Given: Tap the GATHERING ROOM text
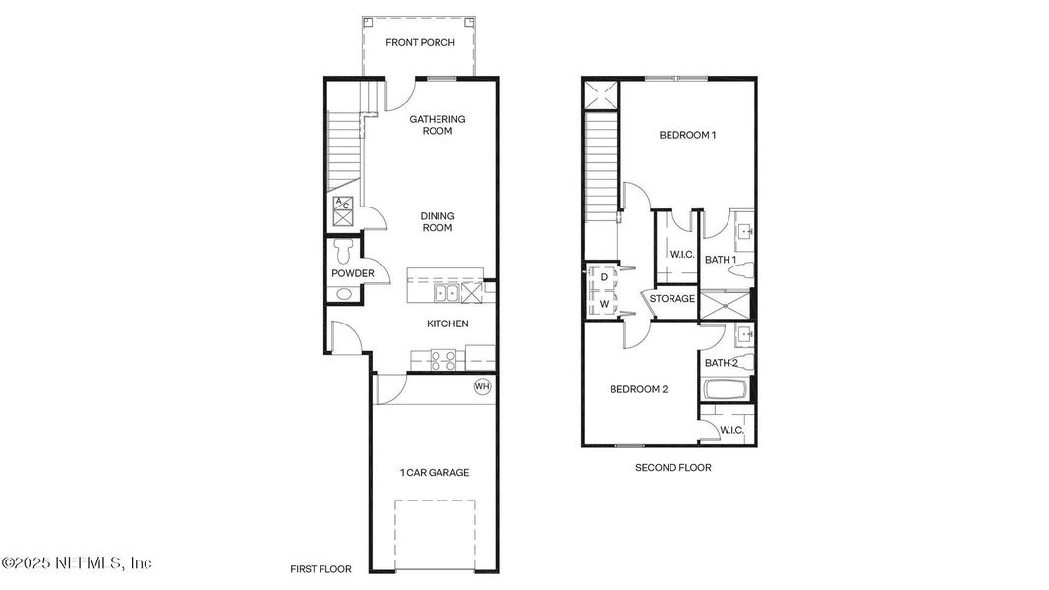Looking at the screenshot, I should [x=437, y=125].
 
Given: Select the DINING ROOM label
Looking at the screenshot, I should [x=437, y=221].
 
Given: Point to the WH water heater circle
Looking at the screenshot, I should [x=482, y=386].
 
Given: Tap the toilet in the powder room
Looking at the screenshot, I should [x=342, y=249].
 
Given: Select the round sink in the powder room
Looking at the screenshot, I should [x=342, y=294].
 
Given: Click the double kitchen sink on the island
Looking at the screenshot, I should [x=444, y=293].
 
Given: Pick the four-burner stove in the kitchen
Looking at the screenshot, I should [x=443, y=360].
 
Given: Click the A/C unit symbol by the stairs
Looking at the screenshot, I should [x=343, y=209].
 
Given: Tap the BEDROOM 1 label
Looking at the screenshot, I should [x=686, y=135].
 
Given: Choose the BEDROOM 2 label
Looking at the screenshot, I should [x=638, y=389].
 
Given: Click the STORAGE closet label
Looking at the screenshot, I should [x=671, y=298].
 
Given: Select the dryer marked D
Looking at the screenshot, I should [x=603, y=278].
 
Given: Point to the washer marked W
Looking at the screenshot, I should [x=603, y=304].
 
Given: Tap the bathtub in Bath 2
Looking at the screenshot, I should [x=727, y=390].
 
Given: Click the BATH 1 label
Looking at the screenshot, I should [x=721, y=259].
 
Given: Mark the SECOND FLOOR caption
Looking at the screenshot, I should [x=672, y=468].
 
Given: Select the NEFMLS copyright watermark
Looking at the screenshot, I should [x=77, y=563].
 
